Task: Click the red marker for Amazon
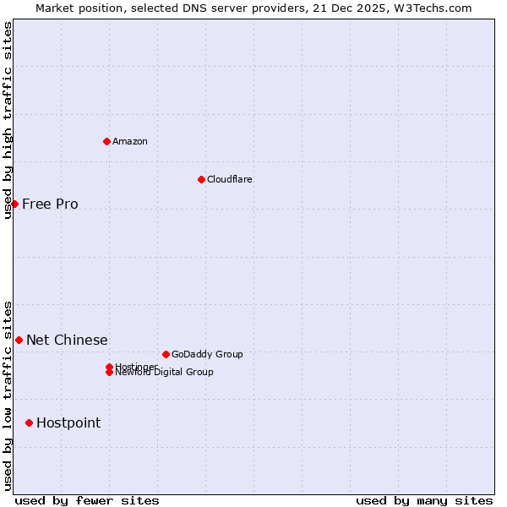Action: pyautogui.click(x=107, y=141)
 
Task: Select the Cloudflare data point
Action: pyautogui.click(x=201, y=179)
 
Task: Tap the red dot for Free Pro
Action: pyautogui.click(x=14, y=204)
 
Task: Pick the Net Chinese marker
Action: pyautogui.click(x=19, y=340)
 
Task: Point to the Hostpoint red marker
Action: pyautogui.click(x=29, y=422)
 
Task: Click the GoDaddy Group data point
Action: pyautogui.click(x=166, y=354)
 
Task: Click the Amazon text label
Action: pyautogui.click(x=130, y=141)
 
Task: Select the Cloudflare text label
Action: pyautogui.click(x=230, y=179)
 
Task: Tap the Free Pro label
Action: pyautogui.click(x=50, y=204)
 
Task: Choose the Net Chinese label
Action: pyautogui.click(x=67, y=340)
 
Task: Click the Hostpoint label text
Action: pyautogui.click(x=68, y=422)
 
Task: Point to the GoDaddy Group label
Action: pyautogui.click(x=207, y=354)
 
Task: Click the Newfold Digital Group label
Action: pyautogui.click(x=165, y=372)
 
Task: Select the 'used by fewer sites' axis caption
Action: pyautogui.click(x=87, y=500)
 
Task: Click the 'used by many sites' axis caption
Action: pyautogui.click(x=424, y=500)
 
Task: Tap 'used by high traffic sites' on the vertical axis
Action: pyautogui.click(x=8, y=120)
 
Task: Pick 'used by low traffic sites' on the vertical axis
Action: pyautogui.click(x=8, y=395)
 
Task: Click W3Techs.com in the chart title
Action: pyautogui.click(x=431, y=8)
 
